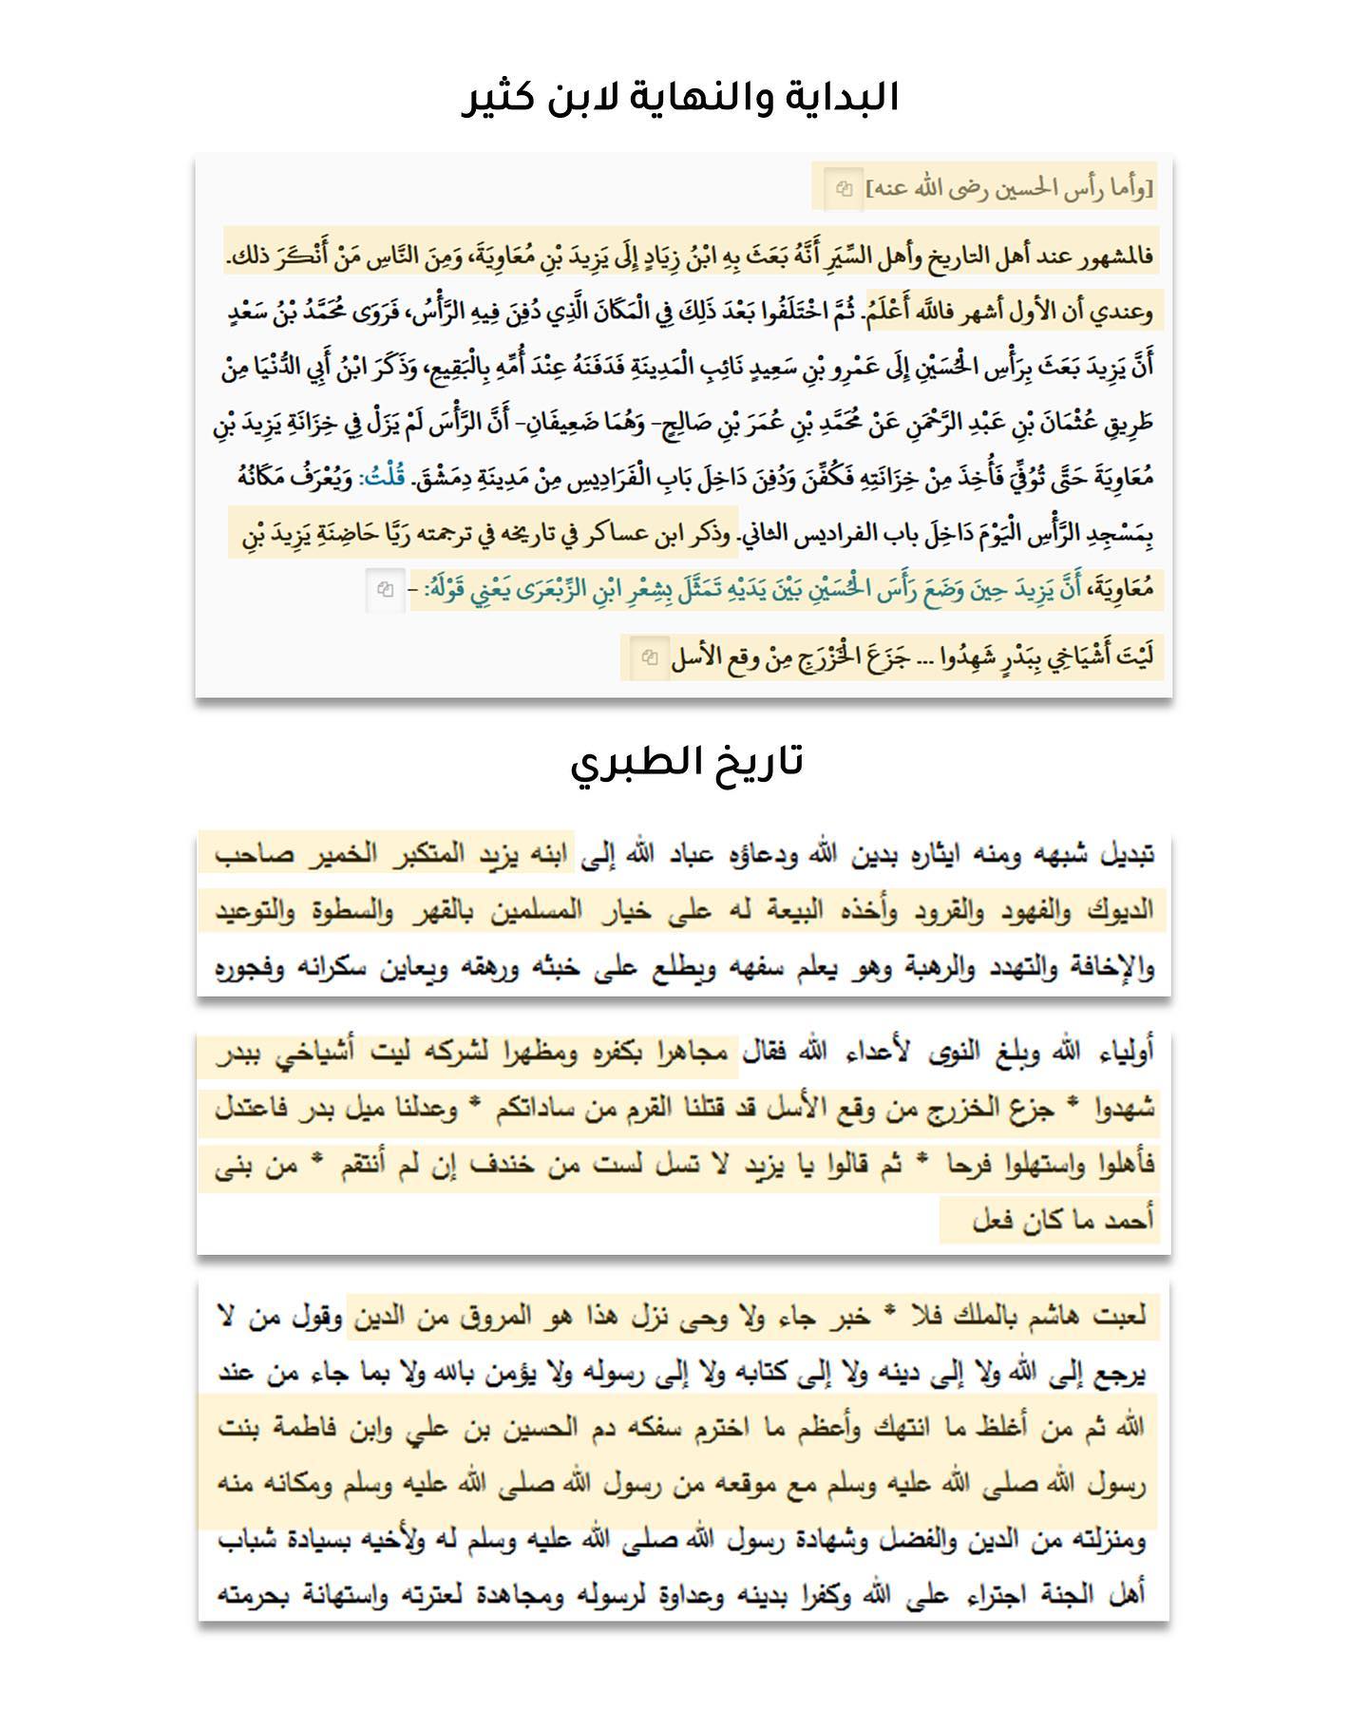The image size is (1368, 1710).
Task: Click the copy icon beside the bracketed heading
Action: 844,188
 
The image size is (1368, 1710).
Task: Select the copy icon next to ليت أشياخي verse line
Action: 649,656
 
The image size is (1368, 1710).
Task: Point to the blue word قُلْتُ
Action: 385,477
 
